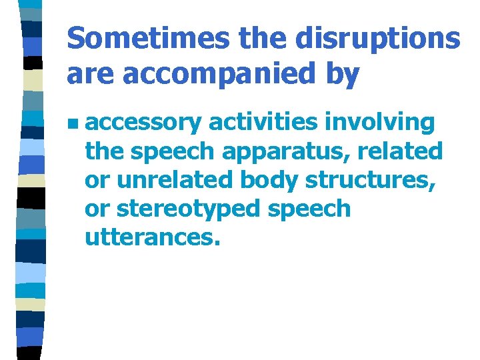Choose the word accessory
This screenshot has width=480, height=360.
[143, 123]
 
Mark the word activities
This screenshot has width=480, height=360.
[264, 123]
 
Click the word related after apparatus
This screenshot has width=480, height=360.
[400, 151]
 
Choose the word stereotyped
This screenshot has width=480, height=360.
[187, 209]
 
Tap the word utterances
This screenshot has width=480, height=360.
[152, 237]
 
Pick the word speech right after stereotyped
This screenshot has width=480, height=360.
[308, 209]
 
